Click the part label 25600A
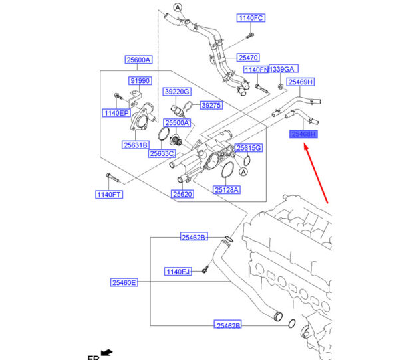[138, 60]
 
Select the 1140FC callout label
[251, 18]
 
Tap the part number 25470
[249, 58]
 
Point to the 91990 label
[140, 80]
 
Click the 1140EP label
[116, 113]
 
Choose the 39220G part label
[178, 92]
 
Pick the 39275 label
[211, 105]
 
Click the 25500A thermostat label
[178, 123]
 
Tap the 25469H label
[301, 82]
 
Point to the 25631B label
[135, 144]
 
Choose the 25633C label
[162, 153]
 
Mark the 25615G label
[249, 147]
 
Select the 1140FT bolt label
[108, 195]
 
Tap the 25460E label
[124, 282]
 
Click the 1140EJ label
[178, 271]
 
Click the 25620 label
[182, 194]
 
